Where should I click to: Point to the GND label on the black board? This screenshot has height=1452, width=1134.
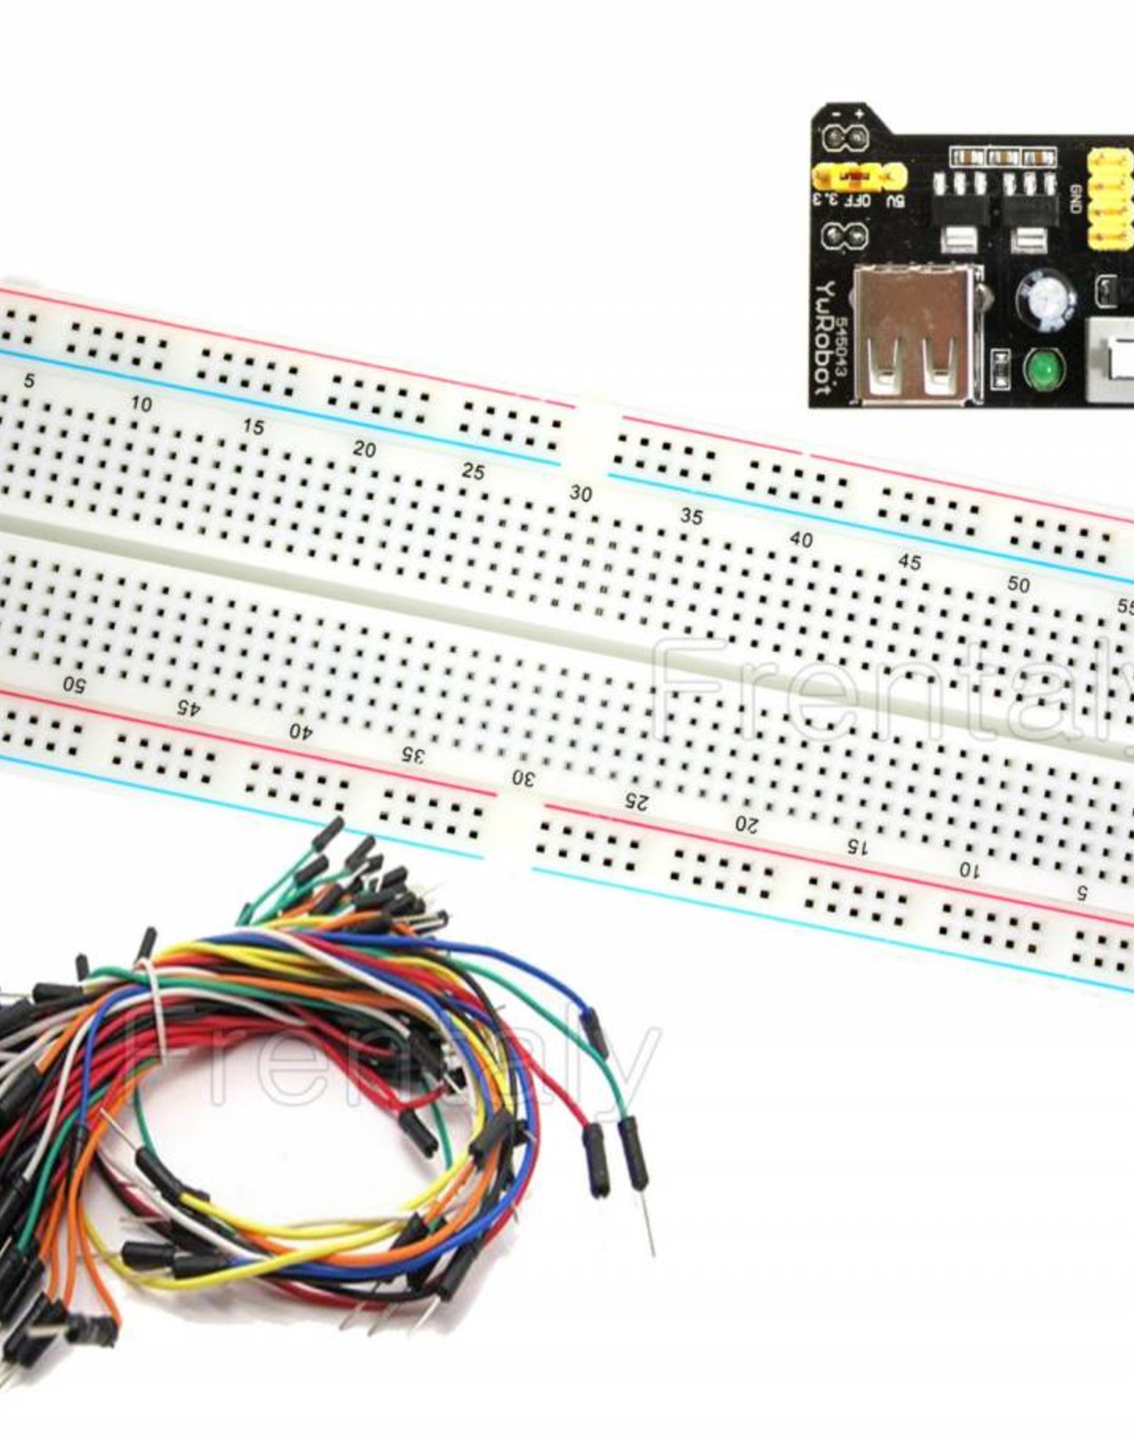(x=1075, y=198)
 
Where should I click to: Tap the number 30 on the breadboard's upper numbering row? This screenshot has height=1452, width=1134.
(x=580, y=494)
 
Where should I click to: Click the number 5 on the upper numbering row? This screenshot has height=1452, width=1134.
(x=29, y=381)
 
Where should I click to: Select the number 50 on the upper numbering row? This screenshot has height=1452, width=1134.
(x=1018, y=584)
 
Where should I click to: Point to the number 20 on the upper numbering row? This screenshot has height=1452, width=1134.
(x=364, y=449)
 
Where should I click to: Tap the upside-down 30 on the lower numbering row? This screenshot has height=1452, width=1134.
(x=524, y=778)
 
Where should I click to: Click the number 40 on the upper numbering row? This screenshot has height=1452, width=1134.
(x=801, y=540)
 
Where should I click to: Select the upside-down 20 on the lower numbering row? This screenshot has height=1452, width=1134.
(x=746, y=825)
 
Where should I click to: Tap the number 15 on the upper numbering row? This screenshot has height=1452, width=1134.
(x=253, y=427)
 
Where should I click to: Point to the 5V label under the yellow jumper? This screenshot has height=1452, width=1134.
(x=895, y=200)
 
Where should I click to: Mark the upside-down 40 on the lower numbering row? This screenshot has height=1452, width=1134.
(x=301, y=731)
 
